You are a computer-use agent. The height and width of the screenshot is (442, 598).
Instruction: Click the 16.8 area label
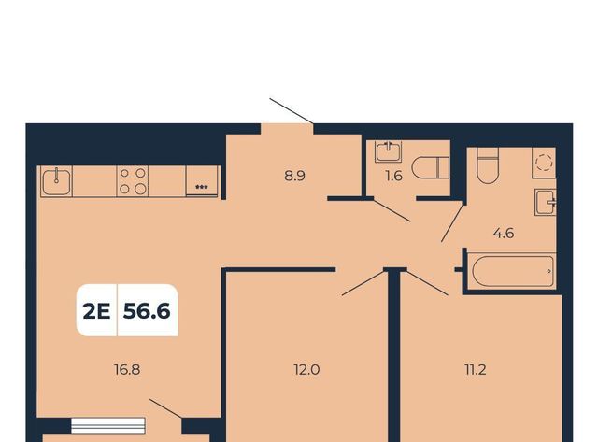pyautogui.click(x=127, y=369)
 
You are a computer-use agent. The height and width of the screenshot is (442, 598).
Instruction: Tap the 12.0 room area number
pyautogui.click(x=306, y=369)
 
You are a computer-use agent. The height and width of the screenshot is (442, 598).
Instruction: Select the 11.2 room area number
pyautogui.click(x=476, y=369)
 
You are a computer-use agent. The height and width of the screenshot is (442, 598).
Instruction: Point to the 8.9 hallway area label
pyautogui.click(x=295, y=176)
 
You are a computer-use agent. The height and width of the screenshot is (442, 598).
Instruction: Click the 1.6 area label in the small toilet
pyautogui.click(x=394, y=176)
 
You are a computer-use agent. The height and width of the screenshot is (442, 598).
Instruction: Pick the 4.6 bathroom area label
pyautogui.click(x=504, y=233)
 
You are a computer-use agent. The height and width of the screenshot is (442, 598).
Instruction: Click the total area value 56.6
pyautogui.click(x=147, y=311)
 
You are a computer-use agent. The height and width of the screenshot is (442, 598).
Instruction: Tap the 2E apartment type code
pyautogui.click(x=96, y=311)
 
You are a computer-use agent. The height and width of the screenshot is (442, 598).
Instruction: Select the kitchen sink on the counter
pyautogui.click(x=56, y=181)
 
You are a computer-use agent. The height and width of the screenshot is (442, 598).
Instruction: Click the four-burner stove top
pyautogui.click(x=133, y=181)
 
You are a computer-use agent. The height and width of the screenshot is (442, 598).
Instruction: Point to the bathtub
pyautogui.click(x=513, y=271)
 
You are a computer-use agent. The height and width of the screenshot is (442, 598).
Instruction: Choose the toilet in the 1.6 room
pyautogui.click(x=431, y=167)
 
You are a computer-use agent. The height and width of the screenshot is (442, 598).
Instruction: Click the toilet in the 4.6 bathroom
pyautogui.click(x=488, y=165)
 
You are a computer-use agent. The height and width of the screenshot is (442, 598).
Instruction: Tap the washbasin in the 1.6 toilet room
pyautogui.click(x=389, y=151)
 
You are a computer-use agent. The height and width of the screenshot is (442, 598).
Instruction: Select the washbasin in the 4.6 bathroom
pyautogui.click(x=546, y=202)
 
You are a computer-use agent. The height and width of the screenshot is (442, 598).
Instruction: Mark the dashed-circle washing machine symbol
pyautogui.click(x=544, y=163)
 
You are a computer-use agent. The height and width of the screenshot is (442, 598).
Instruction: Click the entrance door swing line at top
pyautogui.click(x=292, y=111)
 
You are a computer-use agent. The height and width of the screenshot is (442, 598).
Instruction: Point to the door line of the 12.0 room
pyautogui.click(x=363, y=283)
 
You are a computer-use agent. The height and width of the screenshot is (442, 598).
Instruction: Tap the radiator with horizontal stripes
pyautogui.click(x=108, y=425)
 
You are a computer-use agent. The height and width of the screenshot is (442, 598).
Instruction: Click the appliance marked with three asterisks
pyautogui.click(x=202, y=181)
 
